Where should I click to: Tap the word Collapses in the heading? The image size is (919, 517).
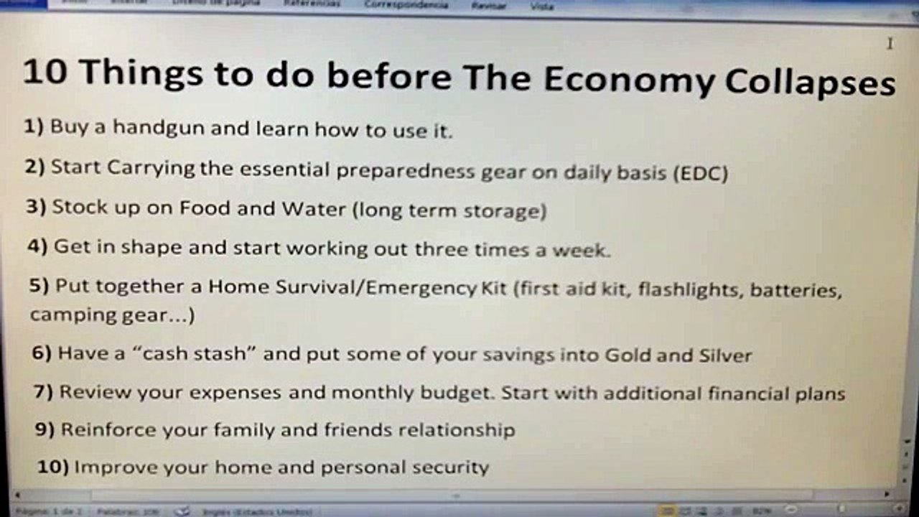pyautogui.click(x=809, y=83)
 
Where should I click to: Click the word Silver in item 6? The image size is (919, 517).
pyautogui.click(x=724, y=355)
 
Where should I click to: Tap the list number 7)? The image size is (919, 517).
pyautogui.click(x=44, y=392)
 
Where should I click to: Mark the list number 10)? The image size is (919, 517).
pyautogui.click(x=52, y=467)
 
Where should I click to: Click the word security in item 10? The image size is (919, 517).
pyautogui.click(x=450, y=467)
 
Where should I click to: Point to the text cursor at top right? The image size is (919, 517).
pyautogui.click(x=890, y=44)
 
